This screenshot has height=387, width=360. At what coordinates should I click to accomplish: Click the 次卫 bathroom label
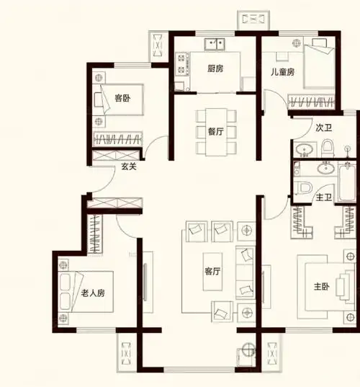323,128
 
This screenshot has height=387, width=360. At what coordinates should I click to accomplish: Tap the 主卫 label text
323,196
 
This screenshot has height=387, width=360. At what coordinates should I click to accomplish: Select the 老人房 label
93,293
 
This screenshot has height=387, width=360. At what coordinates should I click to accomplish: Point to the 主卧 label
322,285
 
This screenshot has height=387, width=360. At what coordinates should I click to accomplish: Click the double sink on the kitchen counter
215,45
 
